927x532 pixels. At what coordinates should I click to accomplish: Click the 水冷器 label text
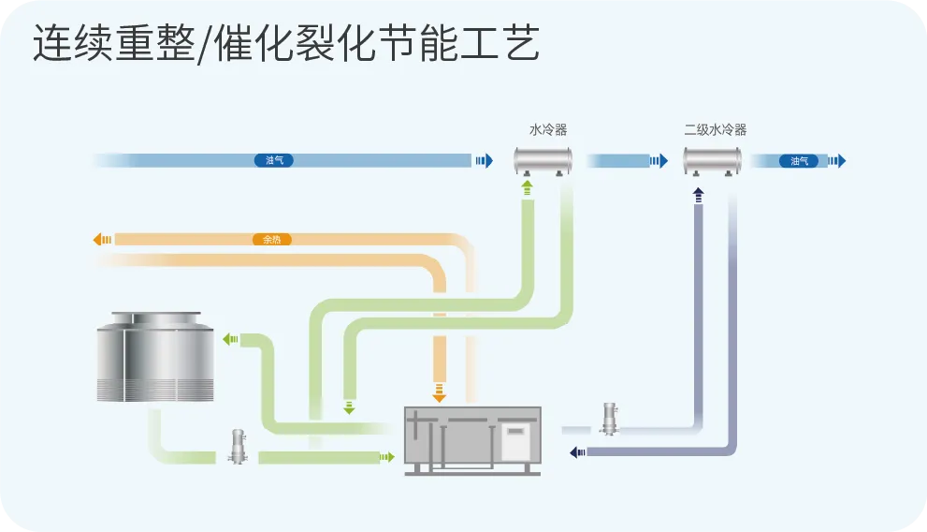pos(548,130)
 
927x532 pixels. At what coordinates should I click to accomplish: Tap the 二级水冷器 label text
pos(715,130)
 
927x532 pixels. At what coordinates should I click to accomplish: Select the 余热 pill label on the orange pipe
pos(272,240)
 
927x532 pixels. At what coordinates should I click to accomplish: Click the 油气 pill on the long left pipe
pos(274,161)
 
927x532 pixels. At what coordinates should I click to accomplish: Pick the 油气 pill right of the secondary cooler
pos(799,161)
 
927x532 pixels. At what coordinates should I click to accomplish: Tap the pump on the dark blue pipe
pos(610,418)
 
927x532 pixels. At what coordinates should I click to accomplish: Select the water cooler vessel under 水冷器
pos(543,159)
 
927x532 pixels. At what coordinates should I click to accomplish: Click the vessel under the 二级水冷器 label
pos(712,159)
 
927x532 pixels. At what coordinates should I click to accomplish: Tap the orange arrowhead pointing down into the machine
pos(439,392)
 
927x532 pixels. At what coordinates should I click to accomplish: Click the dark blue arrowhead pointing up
pos(698,194)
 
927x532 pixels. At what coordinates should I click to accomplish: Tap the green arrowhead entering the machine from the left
pos(385,457)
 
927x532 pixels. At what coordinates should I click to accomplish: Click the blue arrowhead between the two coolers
pos(659,161)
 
